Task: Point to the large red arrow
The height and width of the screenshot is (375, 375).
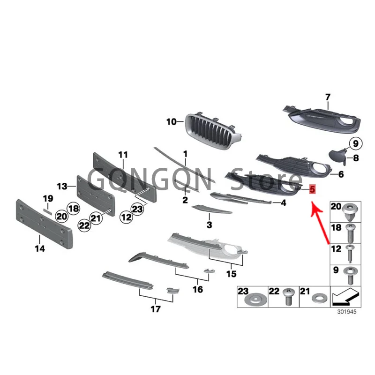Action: coord(321,220)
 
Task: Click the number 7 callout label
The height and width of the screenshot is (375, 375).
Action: coord(328,97)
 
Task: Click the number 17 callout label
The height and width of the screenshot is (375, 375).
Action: coord(156,309)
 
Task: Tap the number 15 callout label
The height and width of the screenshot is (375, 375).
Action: coord(232,274)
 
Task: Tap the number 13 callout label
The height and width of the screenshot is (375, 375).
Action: coord(62,186)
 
